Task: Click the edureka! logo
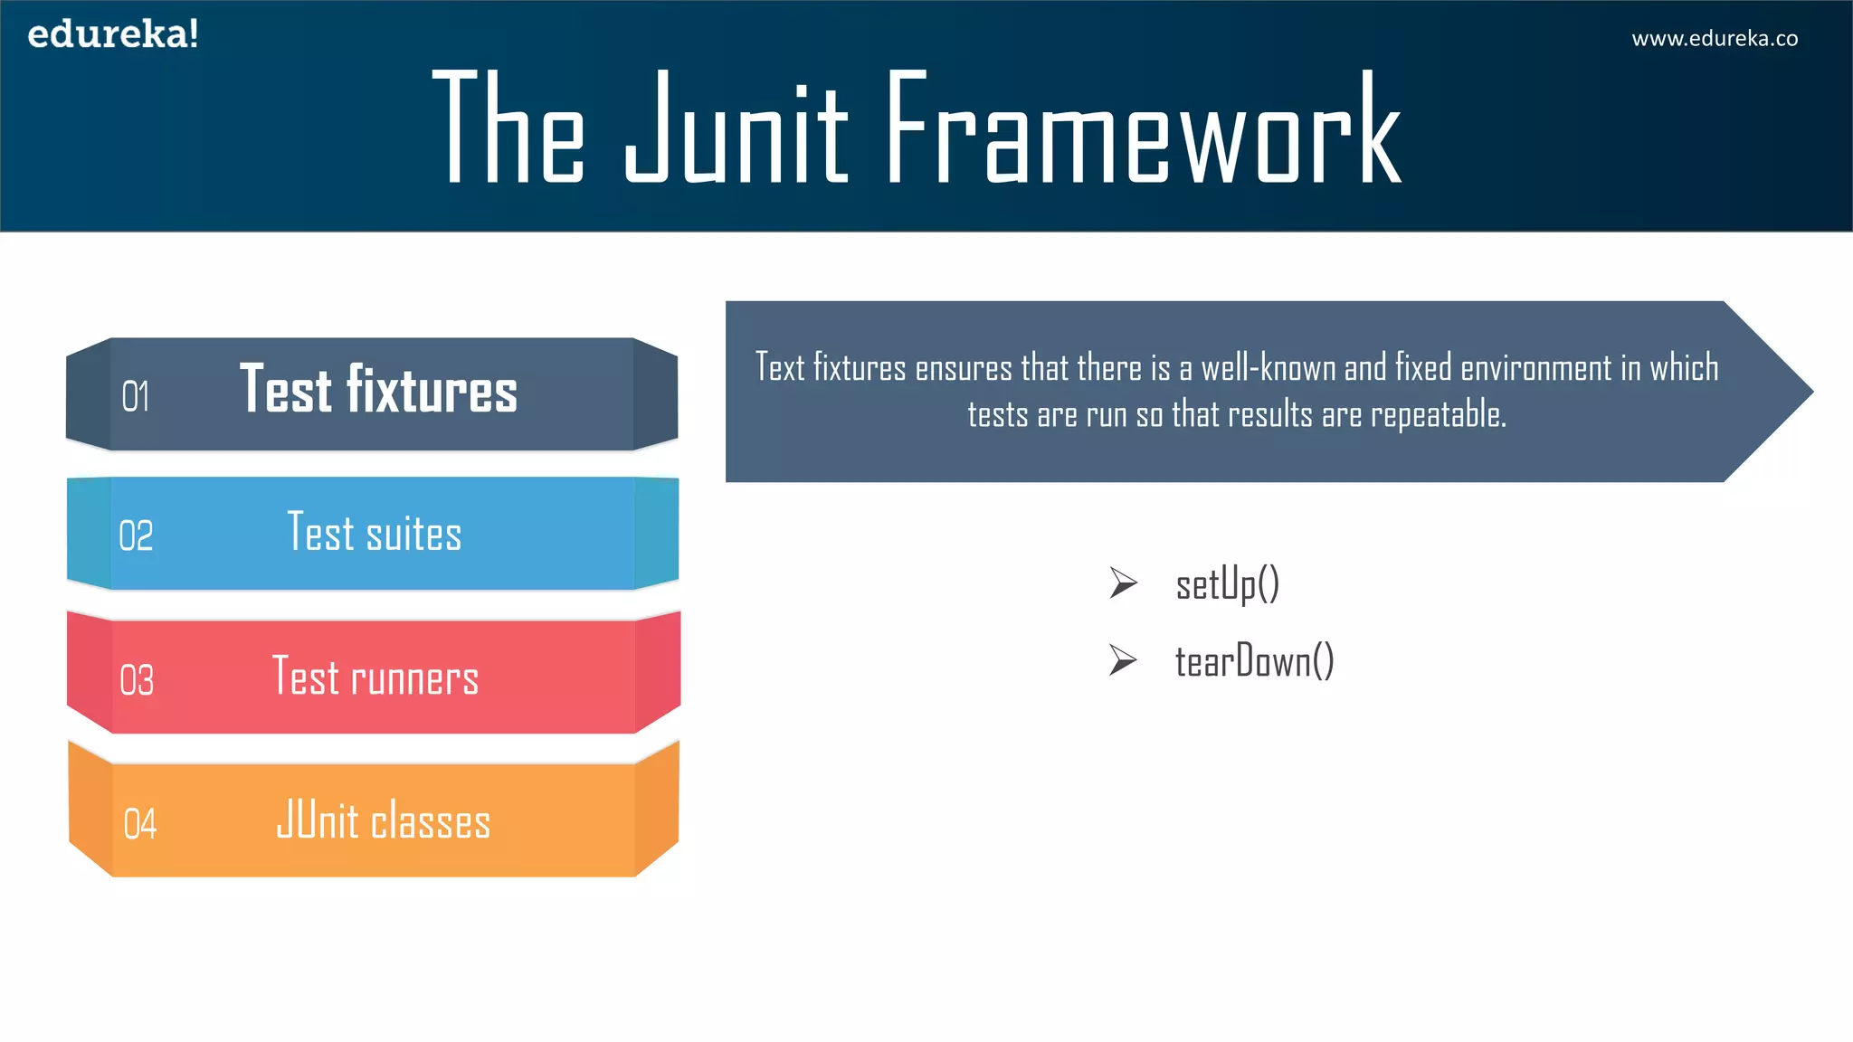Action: pos(113,34)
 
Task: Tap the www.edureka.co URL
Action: pos(1714,39)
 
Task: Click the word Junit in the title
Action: pos(736,129)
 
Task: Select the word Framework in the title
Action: pos(1143,129)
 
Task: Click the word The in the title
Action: pos(508,129)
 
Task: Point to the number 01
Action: pos(136,397)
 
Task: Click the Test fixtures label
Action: pos(378,390)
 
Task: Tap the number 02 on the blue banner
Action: pos(136,535)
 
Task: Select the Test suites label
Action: pos(375,532)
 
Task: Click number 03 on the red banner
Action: pos(137,680)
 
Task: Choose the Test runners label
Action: pos(375,677)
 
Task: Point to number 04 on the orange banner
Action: pos(140,824)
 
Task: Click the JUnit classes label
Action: pos(384,820)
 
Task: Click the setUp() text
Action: pos(1227,584)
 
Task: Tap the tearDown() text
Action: pos(1254,661)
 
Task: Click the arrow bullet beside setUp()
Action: pos(1123,583)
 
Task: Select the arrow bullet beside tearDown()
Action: pos(1123,660)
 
